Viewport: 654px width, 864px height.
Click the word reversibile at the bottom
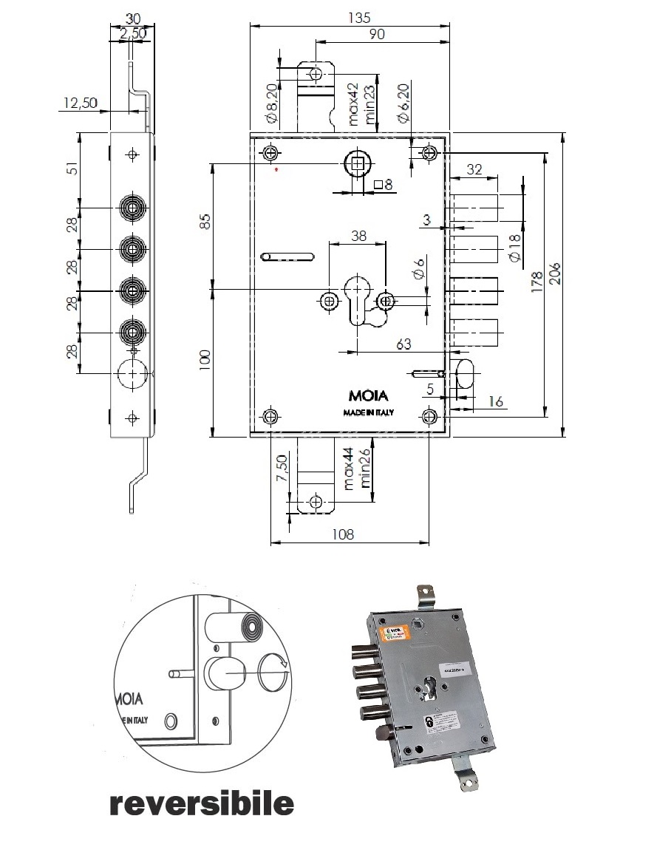coord(201,803)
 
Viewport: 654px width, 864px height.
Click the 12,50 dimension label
coord(80,103)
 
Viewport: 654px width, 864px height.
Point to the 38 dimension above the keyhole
coord(358,236)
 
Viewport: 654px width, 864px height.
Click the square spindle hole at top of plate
coord(358,163)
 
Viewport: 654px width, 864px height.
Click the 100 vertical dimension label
coord(205,360)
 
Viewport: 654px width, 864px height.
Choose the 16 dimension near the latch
coord(494,401)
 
